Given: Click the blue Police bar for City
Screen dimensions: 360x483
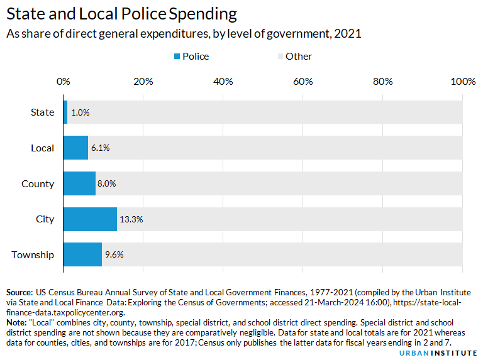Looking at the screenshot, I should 90,219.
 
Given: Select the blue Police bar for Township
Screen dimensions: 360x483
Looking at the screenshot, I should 82,254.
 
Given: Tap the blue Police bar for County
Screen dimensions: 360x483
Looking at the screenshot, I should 79,183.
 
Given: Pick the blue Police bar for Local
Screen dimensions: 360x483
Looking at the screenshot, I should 75,148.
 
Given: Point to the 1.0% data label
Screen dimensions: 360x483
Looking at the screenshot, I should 80,112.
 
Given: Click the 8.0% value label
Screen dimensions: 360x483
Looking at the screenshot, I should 107,183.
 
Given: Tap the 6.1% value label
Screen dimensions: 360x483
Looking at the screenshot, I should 99,148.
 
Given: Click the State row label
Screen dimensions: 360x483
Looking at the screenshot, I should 43,112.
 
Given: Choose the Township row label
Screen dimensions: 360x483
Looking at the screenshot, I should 33,254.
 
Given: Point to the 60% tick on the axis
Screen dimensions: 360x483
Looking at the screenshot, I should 303,81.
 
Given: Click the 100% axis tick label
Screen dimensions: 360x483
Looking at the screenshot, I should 464,81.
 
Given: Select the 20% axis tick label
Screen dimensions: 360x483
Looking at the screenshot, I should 143,81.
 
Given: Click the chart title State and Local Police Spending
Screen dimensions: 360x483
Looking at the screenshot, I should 121,14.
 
